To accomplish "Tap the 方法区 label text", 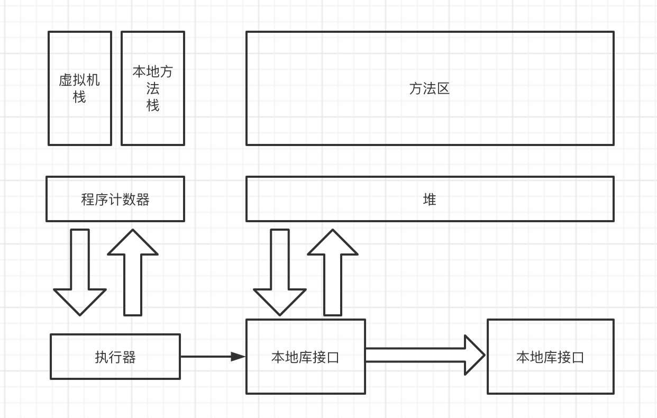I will pyautogui.click(x=430, y=88).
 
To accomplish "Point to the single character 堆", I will pyautogui.click(x=430, y=199).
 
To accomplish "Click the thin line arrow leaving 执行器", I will pyautogui.click(x=206, y=357).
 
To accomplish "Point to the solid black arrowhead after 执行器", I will pyautogui.click(x=238, y=357).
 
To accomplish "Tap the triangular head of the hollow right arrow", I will pyautogui.click(x=474, y=355).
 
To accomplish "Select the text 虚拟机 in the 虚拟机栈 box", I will pyautogui.click(x=79, y=80).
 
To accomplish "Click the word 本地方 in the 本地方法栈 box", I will pyautogui.click(x=153, y=71).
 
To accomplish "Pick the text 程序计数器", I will pyautogui.click(x=115, y=199).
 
